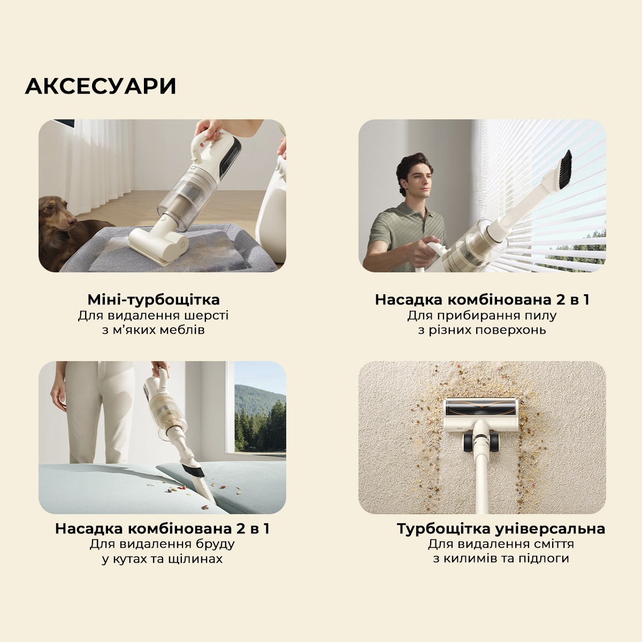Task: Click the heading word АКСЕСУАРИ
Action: click(x=101, y=86)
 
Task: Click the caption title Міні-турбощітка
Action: click(x=154, y=300)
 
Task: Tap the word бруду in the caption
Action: click(x=216, y=544)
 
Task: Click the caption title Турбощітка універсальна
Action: click(x=501, y=529)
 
